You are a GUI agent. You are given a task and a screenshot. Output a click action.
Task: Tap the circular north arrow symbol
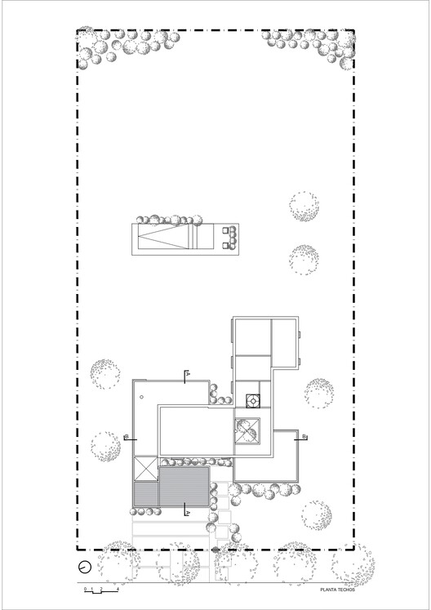83,568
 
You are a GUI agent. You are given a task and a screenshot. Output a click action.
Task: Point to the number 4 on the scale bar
118,589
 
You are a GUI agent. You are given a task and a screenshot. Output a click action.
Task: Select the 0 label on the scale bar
82,589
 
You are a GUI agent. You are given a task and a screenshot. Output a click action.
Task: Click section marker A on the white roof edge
187,375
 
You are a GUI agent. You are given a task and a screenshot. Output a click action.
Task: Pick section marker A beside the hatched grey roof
187,512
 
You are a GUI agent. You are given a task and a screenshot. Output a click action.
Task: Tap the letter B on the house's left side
125,438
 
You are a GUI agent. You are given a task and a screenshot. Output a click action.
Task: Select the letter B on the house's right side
304,438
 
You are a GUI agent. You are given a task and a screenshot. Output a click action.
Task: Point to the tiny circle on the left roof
142,398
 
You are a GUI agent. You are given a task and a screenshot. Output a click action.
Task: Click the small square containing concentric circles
253,401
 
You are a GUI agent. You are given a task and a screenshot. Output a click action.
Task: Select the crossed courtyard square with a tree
247,430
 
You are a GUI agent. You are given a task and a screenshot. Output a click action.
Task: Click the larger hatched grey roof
184,487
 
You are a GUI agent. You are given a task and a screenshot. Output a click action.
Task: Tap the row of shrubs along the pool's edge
169,219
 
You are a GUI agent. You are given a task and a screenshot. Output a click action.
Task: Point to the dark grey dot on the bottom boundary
215,550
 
